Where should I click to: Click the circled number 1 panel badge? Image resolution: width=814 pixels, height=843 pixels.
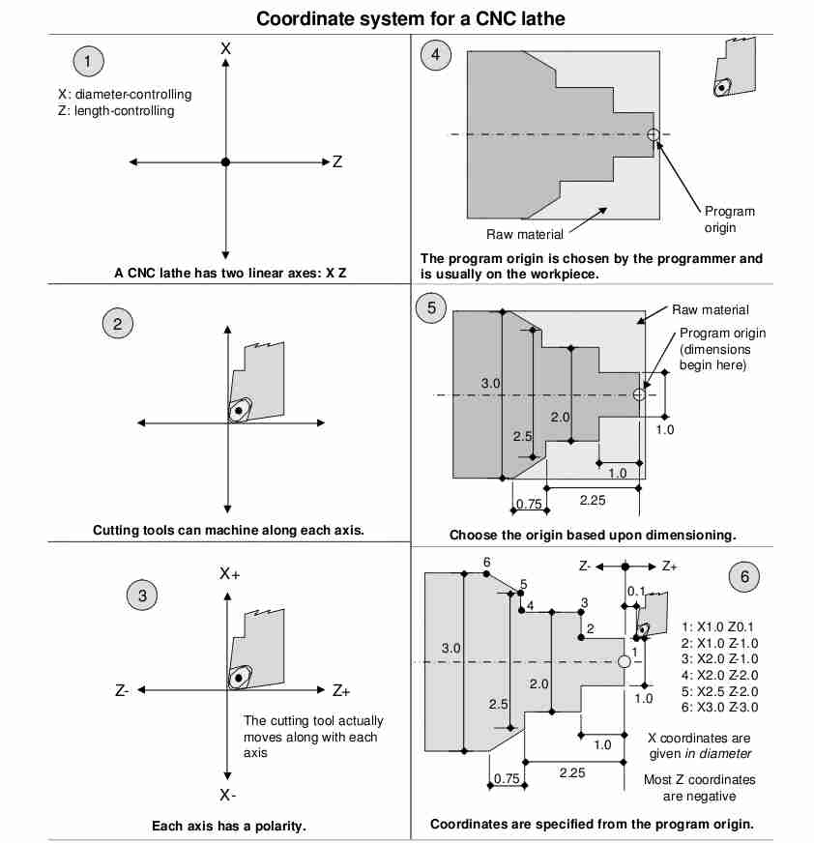click(88, 62)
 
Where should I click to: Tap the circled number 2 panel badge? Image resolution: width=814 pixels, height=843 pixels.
click(117, 323)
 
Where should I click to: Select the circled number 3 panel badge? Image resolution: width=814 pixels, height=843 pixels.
click(142, 596)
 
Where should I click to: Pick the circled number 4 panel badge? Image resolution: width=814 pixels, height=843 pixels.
click(435, 54)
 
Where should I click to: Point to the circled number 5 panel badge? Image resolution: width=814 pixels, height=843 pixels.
click(431, 308)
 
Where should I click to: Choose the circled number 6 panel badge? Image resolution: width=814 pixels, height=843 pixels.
click(744, 577)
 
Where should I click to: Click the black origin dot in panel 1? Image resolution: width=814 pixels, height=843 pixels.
click(225, 162)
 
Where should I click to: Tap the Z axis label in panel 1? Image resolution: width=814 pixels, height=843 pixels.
click(336, 162)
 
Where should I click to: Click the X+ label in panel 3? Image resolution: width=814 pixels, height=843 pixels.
click(229, 573)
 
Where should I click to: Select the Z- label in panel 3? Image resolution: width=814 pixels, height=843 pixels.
click(122, 691)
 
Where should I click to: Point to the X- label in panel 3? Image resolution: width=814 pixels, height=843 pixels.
click(227, 796)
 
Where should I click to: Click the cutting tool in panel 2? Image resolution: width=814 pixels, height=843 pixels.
click(253, 383)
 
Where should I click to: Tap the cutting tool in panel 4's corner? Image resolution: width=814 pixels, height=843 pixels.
click(734, 69)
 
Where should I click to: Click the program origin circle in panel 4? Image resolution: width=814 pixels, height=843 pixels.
click(653, 134)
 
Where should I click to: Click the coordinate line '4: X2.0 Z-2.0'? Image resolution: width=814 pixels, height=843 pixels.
click(720, 675)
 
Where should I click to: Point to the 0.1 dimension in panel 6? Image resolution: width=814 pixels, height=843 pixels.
click(636, 590)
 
